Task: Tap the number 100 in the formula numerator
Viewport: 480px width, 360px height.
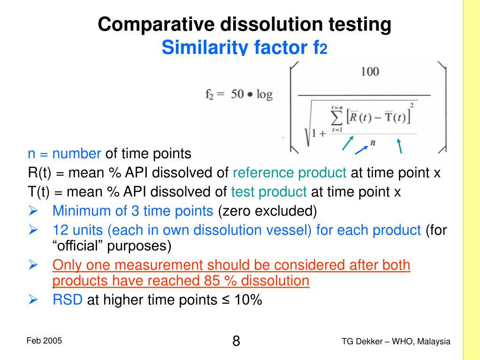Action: (x=370, y=72)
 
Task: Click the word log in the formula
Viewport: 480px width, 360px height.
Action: (x=264, y=94)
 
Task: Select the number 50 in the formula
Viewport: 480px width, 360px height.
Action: (x=237, y=94)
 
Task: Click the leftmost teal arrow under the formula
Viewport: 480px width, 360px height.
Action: (x=348, y=143)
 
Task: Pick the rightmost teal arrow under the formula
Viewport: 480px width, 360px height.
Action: (x=400, y=146)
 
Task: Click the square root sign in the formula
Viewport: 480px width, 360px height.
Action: (x=310, y=127)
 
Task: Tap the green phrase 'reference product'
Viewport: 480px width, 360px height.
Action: (x=290, y=173)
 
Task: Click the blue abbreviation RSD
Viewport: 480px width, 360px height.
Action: (x=68, y=300)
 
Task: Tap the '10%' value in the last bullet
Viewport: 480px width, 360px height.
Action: (x=248, y=300)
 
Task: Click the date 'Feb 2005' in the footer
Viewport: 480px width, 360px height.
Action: (x=44, y=341)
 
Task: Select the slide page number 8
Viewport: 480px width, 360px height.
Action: (x=236, y=341)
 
